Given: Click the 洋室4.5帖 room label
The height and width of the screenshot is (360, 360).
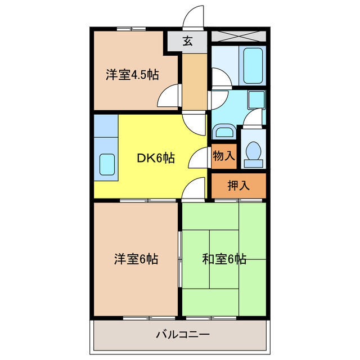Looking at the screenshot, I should [x=132, y=74].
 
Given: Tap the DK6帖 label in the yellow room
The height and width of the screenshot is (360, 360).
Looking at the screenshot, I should [x=156, y=158].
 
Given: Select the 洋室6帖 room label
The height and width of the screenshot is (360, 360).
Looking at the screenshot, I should [x=136, y=259].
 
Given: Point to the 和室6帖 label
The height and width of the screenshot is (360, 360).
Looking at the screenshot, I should [x=224, y=259].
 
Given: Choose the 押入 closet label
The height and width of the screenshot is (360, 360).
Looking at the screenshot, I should [x=238, y=186].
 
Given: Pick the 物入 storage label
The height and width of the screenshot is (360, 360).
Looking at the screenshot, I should [x=224, y=156].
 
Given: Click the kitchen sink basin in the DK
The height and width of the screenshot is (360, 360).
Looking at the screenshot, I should [x=107, y=164].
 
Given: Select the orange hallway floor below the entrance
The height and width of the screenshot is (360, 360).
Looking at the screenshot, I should [x=195, y=82].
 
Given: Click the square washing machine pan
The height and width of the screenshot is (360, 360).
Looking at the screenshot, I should [x=256, y=100].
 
